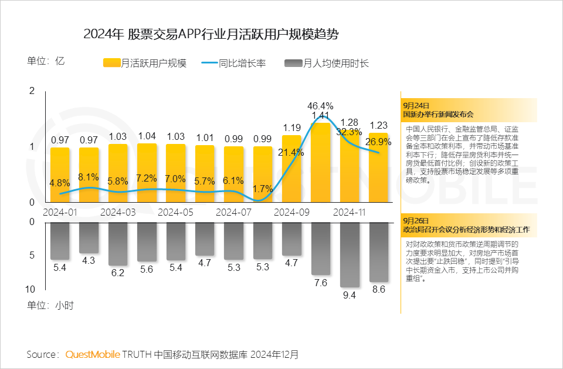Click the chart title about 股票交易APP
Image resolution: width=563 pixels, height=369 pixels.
point(211,33)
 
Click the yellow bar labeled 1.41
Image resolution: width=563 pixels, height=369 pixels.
point(320,162)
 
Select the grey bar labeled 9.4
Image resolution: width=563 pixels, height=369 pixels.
point(350,254)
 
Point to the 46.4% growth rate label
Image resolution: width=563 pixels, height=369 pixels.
point(320,106)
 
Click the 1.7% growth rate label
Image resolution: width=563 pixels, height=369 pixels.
point(263,189)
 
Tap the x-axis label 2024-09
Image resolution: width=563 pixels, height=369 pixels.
point(292,212)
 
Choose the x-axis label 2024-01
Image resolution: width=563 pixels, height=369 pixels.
point(60,212)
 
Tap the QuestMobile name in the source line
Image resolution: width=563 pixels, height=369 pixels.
point(93,354)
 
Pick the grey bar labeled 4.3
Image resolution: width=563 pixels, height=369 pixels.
point(89,238)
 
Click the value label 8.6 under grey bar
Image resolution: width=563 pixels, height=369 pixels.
point(379,290)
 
